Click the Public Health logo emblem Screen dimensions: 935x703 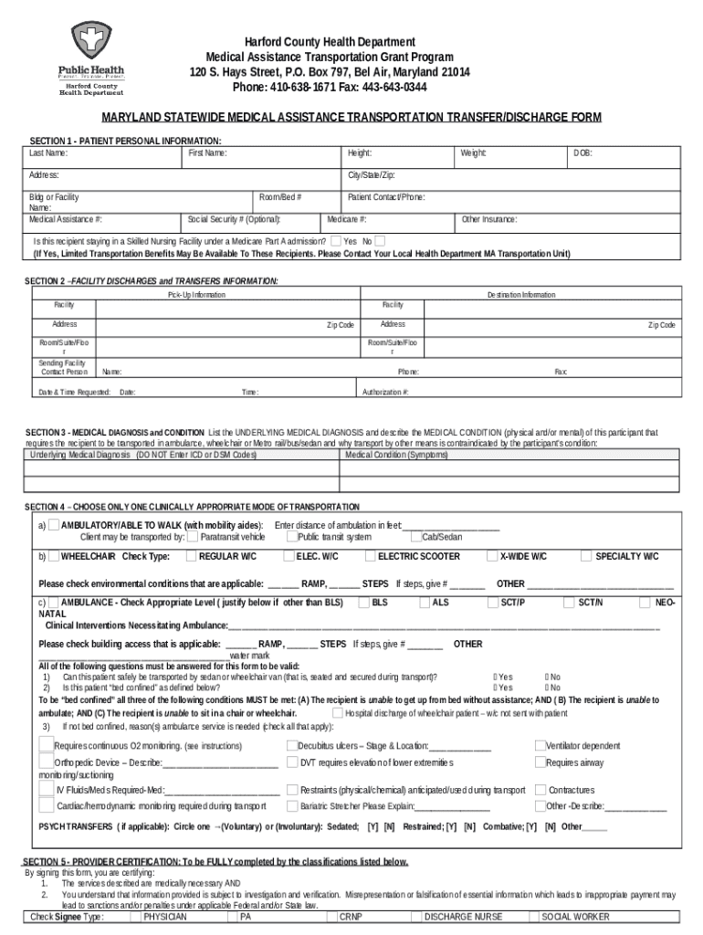point(91,40)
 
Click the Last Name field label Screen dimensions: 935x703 point(48,152)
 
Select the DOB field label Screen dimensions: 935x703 point(582,152)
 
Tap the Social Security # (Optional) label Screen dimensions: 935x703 point(235,219)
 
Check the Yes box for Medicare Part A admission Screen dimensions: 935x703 point(336,241)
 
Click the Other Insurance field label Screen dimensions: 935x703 point(489,219)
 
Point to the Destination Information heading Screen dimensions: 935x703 point(520,295)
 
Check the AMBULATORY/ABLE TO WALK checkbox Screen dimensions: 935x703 point(54,525)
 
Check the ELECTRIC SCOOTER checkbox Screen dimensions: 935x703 point(370,555)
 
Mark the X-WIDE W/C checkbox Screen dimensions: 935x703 point(492,555)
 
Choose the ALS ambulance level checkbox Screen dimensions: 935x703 point(425,603)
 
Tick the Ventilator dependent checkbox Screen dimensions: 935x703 point(540,745)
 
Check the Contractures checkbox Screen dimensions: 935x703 point(540,789)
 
